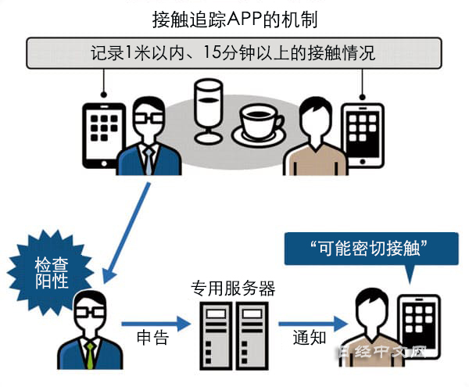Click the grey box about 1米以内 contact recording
(234, 54)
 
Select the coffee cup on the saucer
(262, 123)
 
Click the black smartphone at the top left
(102, 132)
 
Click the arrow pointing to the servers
(156, 321)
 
